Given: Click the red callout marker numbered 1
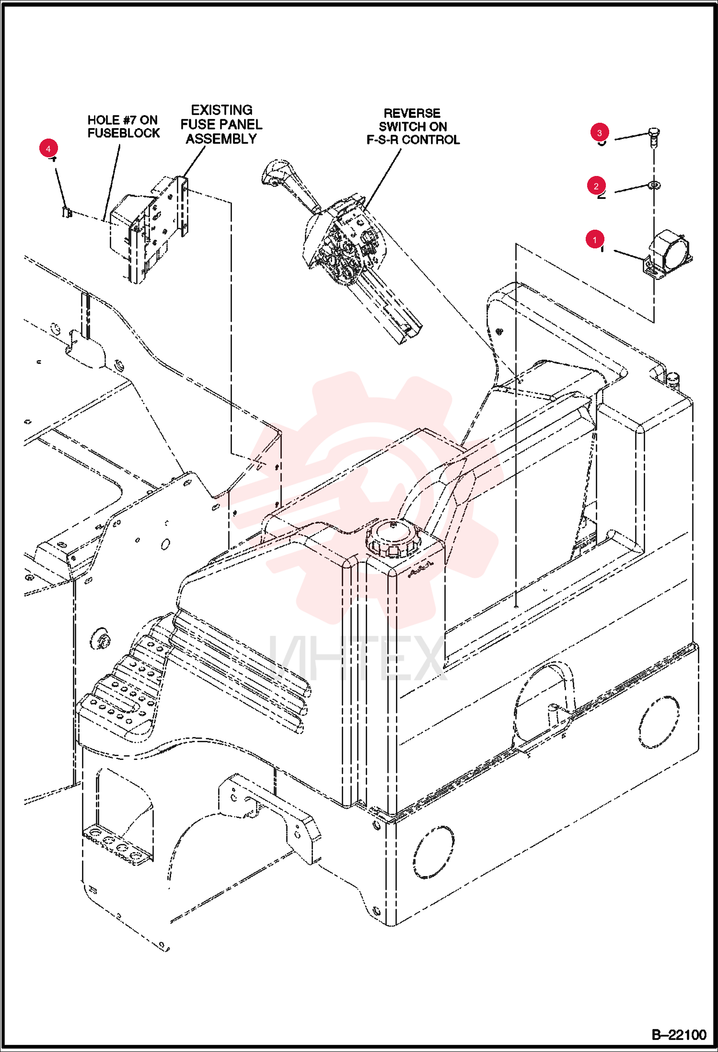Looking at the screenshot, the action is [x=595, y=239].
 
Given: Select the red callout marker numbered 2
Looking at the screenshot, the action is [x=596, y=186].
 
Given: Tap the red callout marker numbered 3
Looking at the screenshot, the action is [x=600, y=133].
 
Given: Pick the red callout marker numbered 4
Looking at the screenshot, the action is [x=48, y=149].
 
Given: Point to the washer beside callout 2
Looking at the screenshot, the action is [x=654, y=185].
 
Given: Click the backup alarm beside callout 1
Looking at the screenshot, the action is [x=668, y=255].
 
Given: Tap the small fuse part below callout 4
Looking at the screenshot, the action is [x=67, y=211].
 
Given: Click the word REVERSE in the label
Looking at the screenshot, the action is [x=412, y=114].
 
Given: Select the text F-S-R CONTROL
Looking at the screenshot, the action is [x=413, y=140].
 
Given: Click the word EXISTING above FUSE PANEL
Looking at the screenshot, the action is [x=221, y=110].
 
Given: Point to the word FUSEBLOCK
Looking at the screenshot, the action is [x=124, y=133].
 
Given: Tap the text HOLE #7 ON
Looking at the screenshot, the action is [x=123, y=120].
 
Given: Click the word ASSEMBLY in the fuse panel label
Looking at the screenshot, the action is [x=221, y=139].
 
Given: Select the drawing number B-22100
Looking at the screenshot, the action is [x=679, y=1035].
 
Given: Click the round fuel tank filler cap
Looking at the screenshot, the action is [x=394, y=538].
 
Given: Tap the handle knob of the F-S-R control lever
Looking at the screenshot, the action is [x=278, y=173].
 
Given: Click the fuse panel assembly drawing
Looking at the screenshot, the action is [x=149, y=229].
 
